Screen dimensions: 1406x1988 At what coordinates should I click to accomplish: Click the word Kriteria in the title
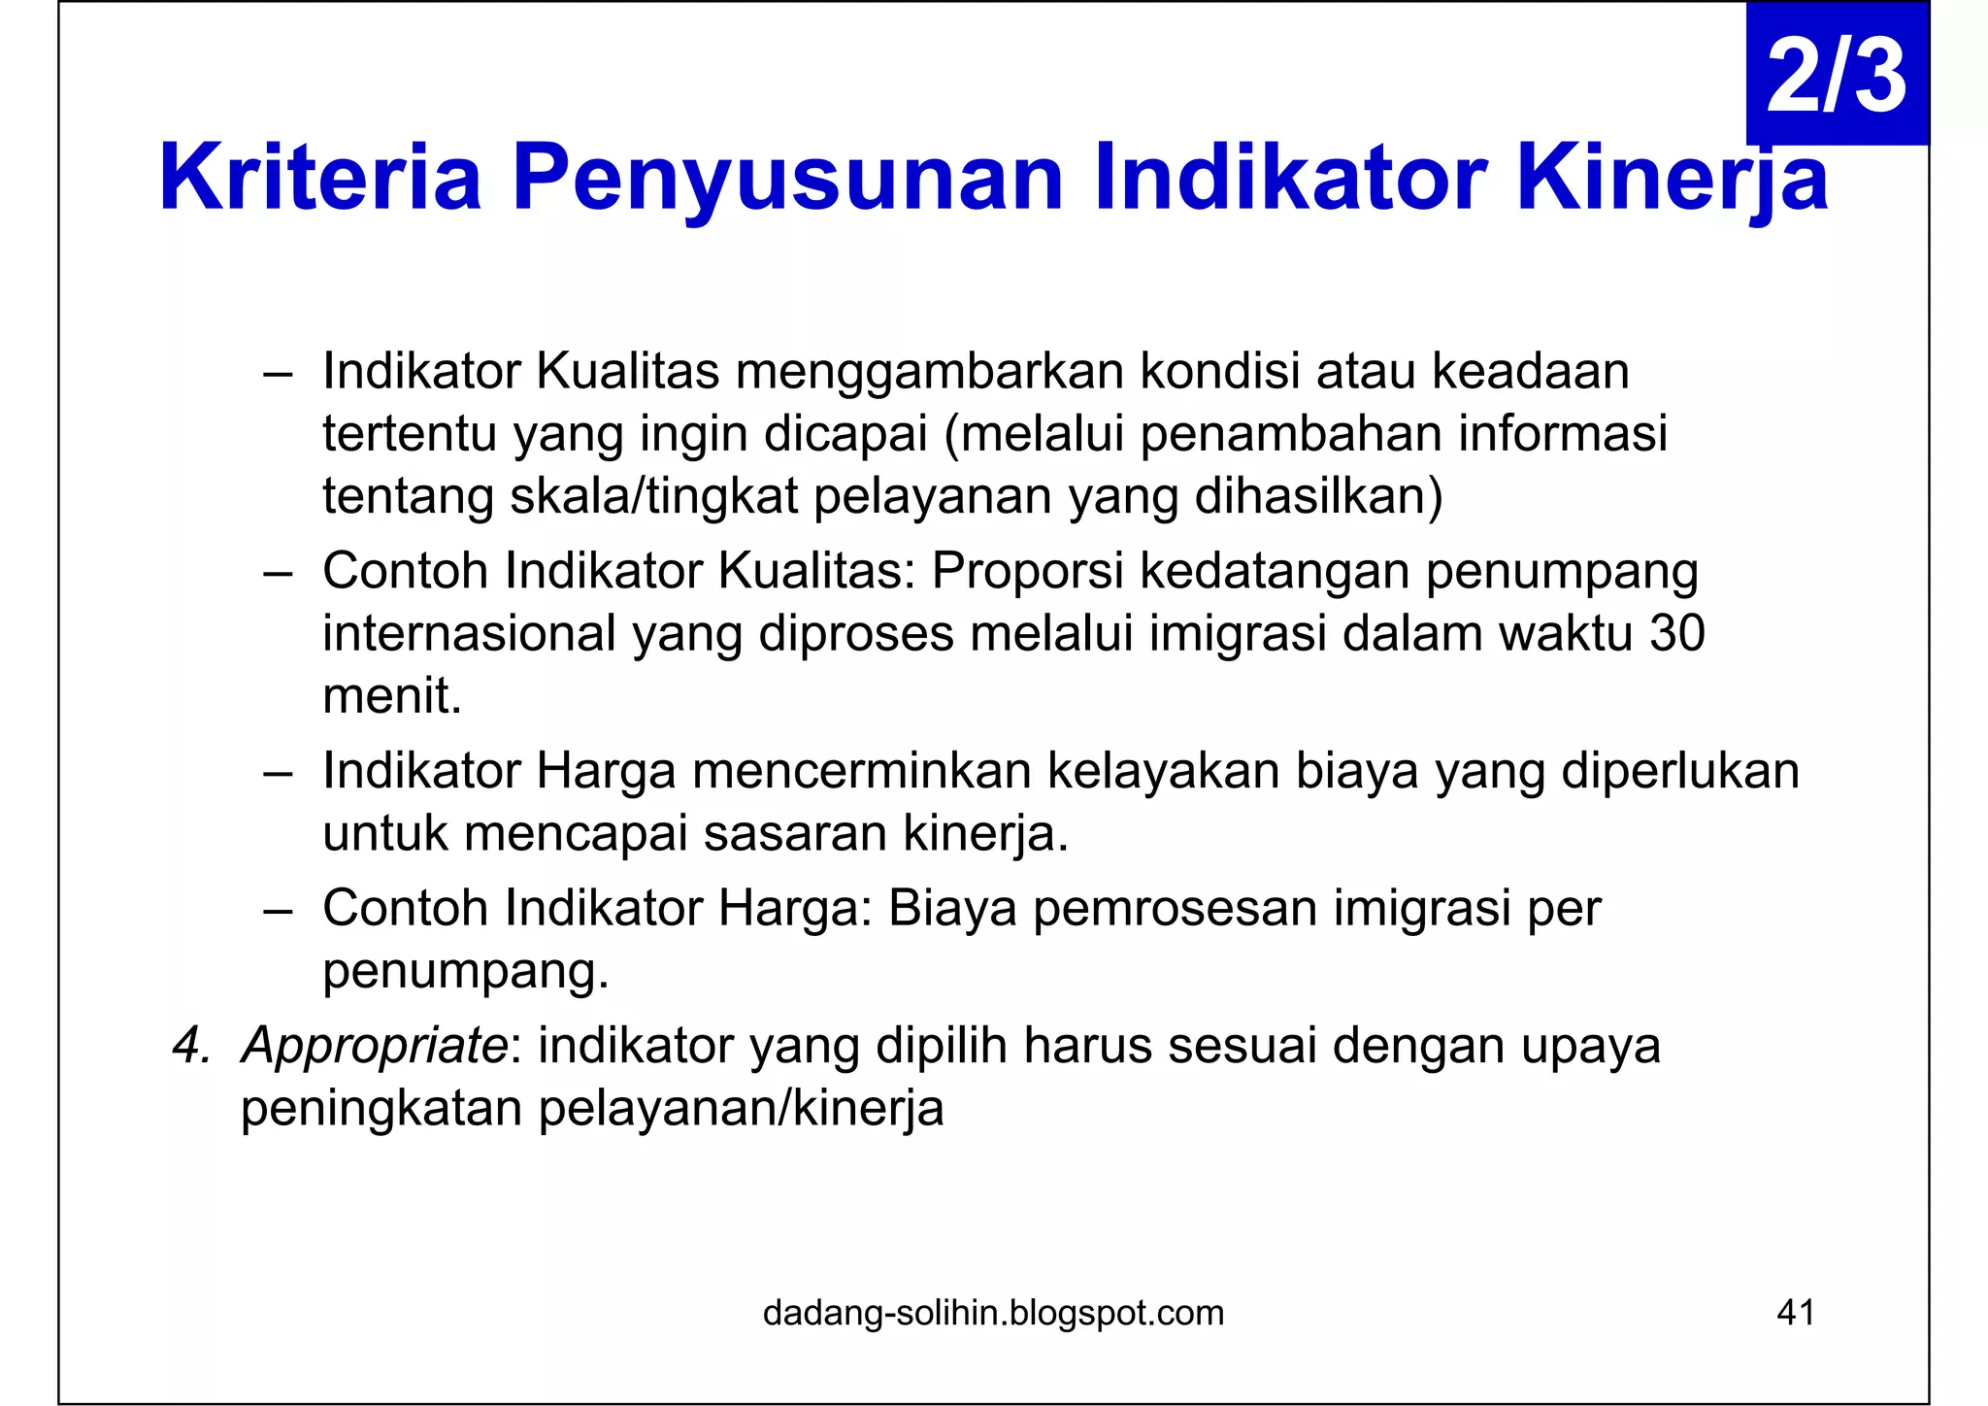pos(320,179)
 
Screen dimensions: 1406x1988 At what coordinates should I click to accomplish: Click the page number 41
pos(1796,1313)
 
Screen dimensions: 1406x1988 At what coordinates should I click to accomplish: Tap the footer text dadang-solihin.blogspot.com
pos(993,1313)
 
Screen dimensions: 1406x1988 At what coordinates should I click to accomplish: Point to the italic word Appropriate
pos(374,1047)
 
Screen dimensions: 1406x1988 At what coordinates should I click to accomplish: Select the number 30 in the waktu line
pos(1676,633)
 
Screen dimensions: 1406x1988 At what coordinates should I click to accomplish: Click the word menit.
pos(392,695)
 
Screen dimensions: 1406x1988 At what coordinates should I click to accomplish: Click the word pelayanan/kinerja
pos(741,1108)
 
